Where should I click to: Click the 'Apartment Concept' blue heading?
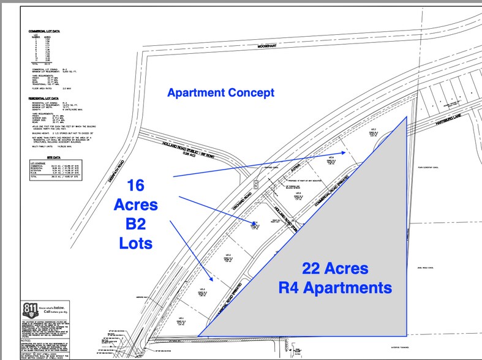[x=220, y=93]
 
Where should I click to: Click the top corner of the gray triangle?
[x=407, y=117]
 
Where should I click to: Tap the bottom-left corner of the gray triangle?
[x=198, y=336]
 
